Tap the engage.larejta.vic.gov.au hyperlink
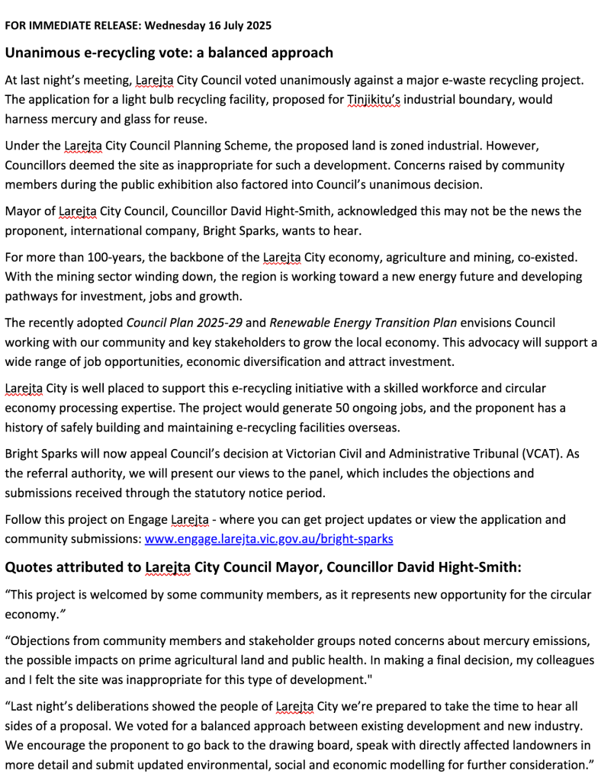(268, 539)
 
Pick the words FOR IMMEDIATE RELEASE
(72, 25)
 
